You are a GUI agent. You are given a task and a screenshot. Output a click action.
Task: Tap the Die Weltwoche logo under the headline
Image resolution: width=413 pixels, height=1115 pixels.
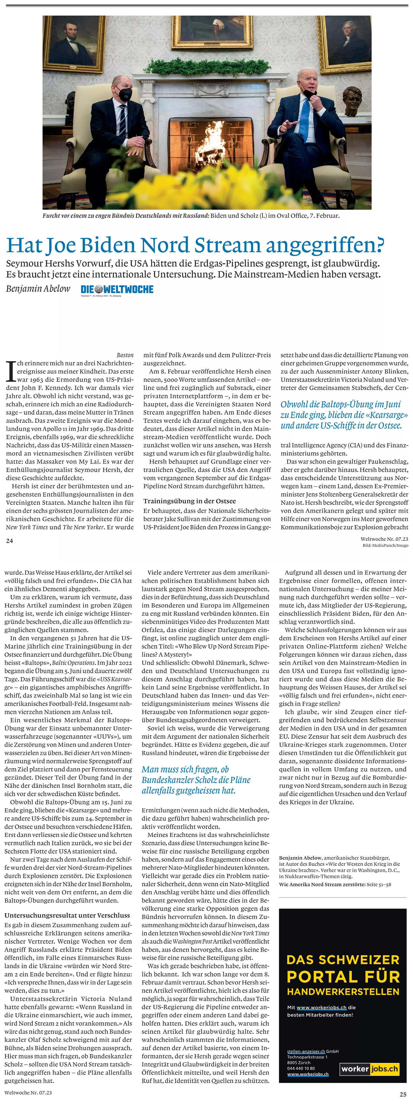click(x=117, y=289)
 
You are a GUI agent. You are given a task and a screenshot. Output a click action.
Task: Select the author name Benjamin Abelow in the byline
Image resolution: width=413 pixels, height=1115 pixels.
click(x=38, y=289)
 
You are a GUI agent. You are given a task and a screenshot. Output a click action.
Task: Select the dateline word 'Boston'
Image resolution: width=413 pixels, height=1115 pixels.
click(x=125, y=355)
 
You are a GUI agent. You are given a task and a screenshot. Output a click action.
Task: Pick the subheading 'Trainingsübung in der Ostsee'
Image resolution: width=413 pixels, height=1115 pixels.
click(x=189, y=501)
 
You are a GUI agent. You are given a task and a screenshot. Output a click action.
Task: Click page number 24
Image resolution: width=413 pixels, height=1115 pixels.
click(x=9, y=541)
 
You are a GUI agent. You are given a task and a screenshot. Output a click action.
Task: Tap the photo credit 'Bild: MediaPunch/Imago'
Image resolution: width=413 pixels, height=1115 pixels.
click(x=385, y=545)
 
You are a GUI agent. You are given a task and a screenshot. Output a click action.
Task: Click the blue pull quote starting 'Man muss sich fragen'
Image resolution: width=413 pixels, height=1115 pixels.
click(x=196, y=780)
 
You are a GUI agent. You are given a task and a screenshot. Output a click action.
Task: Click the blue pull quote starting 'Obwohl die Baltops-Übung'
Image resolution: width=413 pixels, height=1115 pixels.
click(x=344, y=415)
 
